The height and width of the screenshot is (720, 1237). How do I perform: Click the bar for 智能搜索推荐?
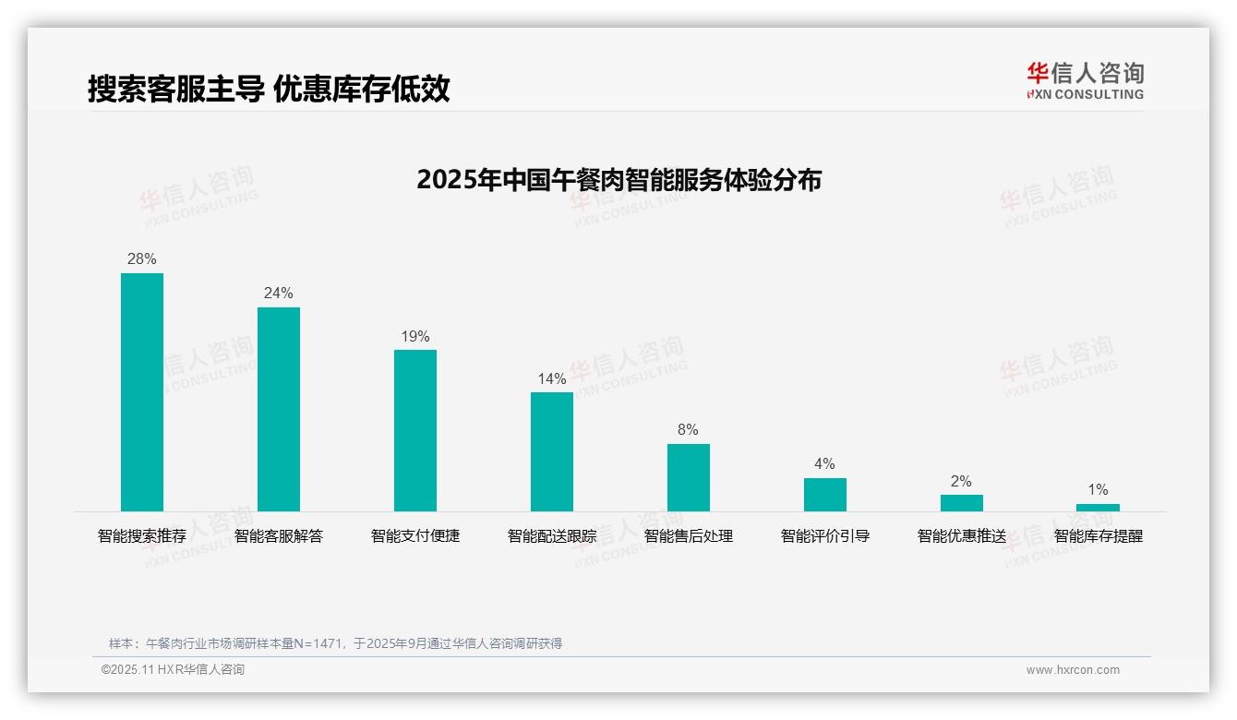tap(142, 391)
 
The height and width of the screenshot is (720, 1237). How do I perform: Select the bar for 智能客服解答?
tap(279, 409)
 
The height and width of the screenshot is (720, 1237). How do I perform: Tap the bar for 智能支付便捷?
tap(415, 430)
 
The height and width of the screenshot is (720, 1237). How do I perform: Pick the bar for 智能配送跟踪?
tap(552, 451)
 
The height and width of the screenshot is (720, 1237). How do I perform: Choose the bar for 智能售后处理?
tap(689, 477)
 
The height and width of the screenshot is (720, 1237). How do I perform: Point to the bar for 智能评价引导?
tap(825, 494)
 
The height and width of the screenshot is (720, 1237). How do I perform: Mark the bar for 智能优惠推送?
tap(962, 503)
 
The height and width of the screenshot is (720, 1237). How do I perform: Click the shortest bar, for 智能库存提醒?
tap(1098, 508)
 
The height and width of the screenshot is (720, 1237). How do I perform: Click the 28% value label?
tap(142, 259)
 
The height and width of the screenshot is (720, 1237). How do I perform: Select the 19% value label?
tap(415, 337)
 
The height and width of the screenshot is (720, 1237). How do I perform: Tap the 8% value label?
tap(688, 430)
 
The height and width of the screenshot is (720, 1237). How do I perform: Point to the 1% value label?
tap(1098, 490)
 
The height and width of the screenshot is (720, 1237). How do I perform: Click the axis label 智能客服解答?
tap(279, 536)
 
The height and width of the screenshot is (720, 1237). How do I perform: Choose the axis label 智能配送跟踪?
tap(552, 536)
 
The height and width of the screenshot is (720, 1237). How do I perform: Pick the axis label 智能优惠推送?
tap(962, 536)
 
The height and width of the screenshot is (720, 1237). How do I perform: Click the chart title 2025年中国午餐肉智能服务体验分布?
tap(618, 180)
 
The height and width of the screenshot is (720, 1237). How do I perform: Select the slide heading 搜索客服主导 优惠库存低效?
tap(269, 90)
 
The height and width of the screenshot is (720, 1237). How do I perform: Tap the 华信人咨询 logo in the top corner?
tap(1085, 80)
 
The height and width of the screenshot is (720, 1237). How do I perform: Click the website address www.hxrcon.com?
tap(1073, 670)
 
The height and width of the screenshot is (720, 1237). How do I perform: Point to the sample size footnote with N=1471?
tap(335, 643)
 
